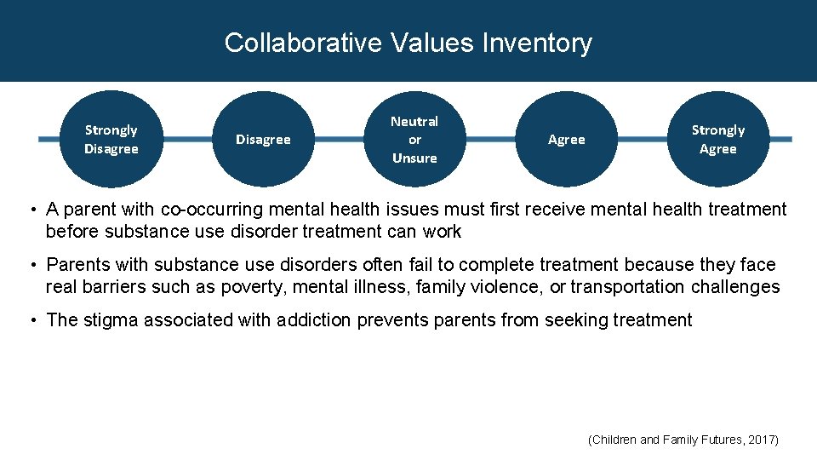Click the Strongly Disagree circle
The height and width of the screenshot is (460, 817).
click(111, 139)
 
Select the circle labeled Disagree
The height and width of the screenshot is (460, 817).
click(263, 139)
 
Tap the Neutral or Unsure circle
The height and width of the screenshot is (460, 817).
click(414, 139)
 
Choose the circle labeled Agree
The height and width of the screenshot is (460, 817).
click(567, 139)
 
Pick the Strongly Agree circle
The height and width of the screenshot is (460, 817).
click(717, 139)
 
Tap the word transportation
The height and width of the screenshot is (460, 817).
click(627, 287)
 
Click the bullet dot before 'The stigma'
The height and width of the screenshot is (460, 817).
click(31, 320)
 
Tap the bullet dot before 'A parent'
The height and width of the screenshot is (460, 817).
click(31, 210)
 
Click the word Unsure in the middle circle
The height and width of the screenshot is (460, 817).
click(414, 158)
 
